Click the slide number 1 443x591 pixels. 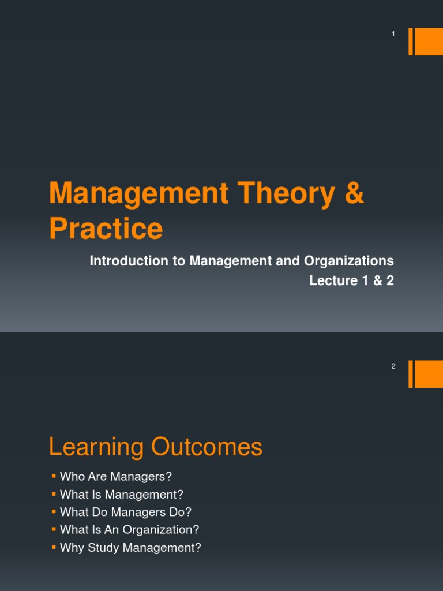[x=393, y=34]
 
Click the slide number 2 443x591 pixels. [x=393, y=366]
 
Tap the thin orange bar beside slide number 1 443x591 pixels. [x=411, y=42]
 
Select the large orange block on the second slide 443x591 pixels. [x=429, y=374]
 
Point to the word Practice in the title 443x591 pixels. [x=106, y=229]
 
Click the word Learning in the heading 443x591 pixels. [x=96, y=448]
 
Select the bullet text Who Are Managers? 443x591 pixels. [x=116, y=477]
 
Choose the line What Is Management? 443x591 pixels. [x=121, y=495]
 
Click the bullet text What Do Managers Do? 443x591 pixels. [x=125, y=512]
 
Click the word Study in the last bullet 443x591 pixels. [x=102, y=548]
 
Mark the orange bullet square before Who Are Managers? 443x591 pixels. [x=53, y=476]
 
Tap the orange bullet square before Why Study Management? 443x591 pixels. [x=53, y=547]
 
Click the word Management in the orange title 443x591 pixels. [x=139, y=193]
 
